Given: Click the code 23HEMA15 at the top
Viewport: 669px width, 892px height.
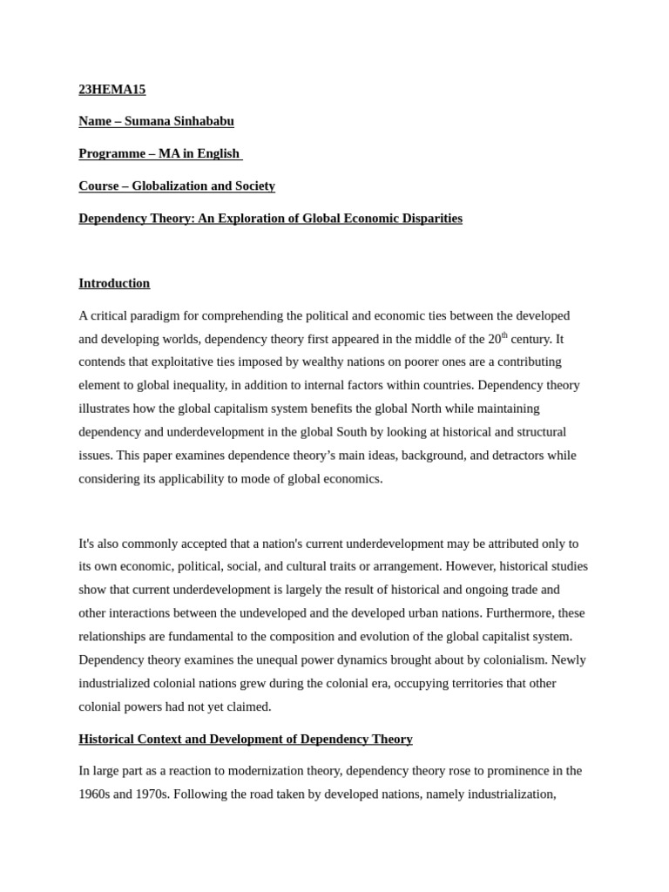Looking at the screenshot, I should (x=111, y=89).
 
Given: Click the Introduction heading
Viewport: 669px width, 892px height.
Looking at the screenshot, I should (x=114, y=283).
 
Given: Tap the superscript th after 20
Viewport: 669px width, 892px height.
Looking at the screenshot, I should (x=504, y=334).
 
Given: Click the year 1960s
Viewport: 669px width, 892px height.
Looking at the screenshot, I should (x=96, y=794).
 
